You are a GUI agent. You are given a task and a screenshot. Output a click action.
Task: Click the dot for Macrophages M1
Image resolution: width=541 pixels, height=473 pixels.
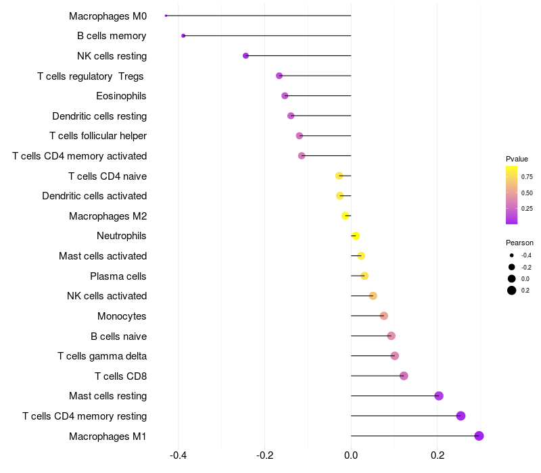(x=479, y=436)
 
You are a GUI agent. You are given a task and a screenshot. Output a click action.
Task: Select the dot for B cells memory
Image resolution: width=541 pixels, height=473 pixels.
(x=183, y=36)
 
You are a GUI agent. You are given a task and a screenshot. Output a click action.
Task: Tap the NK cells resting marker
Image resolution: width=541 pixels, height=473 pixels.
(x=245, y=55)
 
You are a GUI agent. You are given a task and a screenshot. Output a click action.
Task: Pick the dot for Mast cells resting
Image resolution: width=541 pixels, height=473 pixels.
(x=438, y=396)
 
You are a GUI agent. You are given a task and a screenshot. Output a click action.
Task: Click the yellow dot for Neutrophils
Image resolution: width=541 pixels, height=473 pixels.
(x=356, y=236)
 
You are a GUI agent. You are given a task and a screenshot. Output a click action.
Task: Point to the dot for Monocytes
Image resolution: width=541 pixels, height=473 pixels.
(x=383, y=316)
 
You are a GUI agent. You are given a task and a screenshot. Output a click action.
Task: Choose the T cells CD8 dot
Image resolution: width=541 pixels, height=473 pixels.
(x=404, y=376)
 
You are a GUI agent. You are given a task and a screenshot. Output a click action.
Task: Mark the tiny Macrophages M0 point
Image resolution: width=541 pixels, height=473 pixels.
(x=166, y=16)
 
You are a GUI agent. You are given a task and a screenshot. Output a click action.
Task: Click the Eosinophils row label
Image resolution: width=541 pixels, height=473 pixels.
(x=121, y=96)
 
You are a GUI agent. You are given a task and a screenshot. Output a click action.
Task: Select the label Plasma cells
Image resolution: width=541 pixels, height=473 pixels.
(x=118, y=276)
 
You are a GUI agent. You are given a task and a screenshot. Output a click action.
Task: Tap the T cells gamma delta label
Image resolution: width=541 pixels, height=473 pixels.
(x=102, y=356)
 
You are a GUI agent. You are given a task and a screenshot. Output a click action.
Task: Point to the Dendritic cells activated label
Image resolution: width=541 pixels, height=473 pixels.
(x=94, y=196)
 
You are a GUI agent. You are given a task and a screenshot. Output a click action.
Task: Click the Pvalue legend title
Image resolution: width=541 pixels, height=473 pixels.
(x=517, y=159)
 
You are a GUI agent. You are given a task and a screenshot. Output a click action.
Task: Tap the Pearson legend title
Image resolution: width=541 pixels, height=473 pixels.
(x=519, y=243)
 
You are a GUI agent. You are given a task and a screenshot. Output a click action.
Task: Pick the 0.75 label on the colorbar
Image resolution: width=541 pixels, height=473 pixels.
(x=527, y=177)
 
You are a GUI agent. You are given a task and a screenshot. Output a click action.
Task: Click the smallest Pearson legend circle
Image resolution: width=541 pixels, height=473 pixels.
(x=512, y=255)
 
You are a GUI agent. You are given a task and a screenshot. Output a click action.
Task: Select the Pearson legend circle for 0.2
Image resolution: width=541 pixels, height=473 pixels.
(x=512, y=291)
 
